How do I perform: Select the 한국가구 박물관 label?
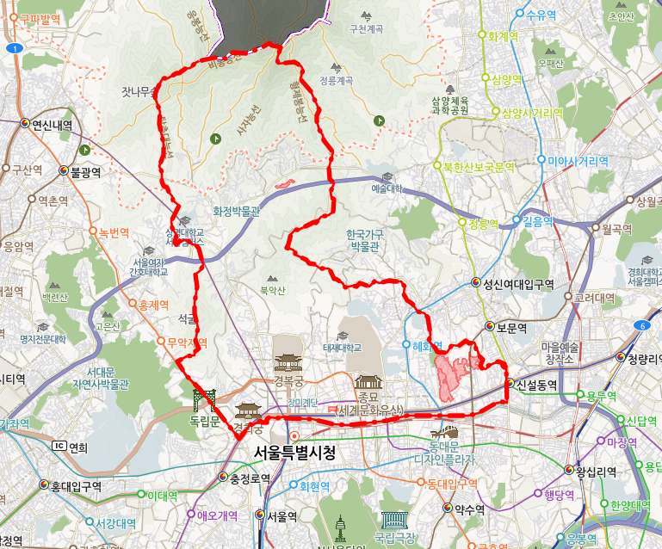[364, 240]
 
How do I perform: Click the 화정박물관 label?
[236, 210]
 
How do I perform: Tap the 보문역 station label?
[512, 327]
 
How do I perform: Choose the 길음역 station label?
[536, 221]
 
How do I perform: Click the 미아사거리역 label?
[578, 161]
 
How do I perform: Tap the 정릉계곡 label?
[336, 81]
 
